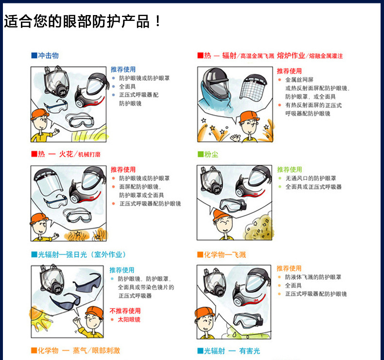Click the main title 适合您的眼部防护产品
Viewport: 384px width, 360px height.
[77, 21]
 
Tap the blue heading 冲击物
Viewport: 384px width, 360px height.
[48, 55]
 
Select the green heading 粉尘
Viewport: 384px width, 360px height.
[211, 154]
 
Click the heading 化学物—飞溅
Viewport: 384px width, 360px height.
[225, 255]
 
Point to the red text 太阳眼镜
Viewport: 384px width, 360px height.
[129, 319]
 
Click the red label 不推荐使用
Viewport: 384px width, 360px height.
[125, 311]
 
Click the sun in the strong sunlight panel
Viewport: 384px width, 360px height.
[40, 318]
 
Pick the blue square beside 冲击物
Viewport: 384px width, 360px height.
[34, 55]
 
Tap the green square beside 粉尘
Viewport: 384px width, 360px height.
[200, 154]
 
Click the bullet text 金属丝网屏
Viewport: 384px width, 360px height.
[299, 80]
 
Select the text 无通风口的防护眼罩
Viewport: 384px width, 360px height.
[311, 178]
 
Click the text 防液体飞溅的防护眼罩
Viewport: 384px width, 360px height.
[313, 277]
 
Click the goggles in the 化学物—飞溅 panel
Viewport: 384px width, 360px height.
[247, 320]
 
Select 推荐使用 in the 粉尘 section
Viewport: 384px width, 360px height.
[289, 170]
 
